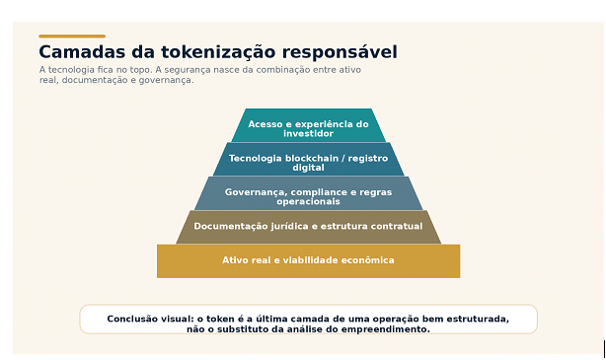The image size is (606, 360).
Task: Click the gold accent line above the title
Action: click(72, 36)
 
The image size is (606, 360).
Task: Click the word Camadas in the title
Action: click(82, 52)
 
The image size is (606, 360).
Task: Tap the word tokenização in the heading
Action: click(218, 52)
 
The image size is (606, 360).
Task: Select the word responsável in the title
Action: click(340, 52)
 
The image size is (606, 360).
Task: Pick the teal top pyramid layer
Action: click(308, 125)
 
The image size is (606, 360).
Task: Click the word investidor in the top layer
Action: click(308, 134)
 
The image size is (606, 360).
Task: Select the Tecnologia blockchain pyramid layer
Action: click(308, 159)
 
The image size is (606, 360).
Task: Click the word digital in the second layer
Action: click(308, 168)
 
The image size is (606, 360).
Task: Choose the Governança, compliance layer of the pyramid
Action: click(308, 193)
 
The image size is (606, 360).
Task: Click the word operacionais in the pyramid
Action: click(308, 201)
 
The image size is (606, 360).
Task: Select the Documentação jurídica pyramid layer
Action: click(308, 227)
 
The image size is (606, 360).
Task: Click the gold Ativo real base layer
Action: click(308, 261)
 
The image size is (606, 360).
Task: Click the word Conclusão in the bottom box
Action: click(132, 319)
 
